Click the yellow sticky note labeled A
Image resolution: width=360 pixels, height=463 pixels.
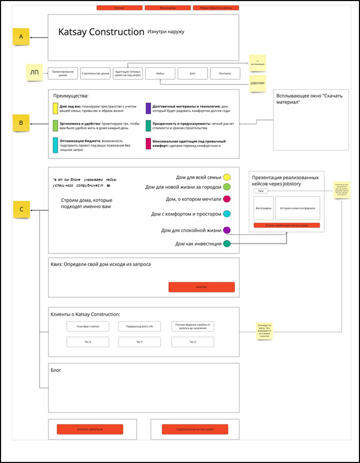[x=21, y=36]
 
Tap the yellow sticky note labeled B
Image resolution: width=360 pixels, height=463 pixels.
[x=21, y=123]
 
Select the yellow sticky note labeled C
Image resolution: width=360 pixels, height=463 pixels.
[x=21, y=210]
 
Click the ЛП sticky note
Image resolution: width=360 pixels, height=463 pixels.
[x=34, y=72]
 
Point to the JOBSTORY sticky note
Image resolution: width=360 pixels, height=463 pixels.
[x=257, y=83]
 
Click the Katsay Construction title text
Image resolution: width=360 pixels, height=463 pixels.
[x=101, y=32]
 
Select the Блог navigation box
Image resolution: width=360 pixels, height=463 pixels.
[x=193, y=74]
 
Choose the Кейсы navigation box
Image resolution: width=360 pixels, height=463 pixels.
[x=160, y=74]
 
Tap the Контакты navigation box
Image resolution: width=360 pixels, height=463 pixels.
[x=225, y=74]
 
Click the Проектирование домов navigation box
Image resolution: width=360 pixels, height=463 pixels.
[x=63, y=74]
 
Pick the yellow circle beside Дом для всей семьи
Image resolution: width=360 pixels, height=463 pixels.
[x=227, y=177]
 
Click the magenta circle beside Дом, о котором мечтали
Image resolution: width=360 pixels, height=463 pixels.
[x=227, y=199]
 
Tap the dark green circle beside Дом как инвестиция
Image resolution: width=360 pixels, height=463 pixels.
[x=227, y=243]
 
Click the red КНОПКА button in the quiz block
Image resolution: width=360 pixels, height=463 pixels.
[x=201, y=287]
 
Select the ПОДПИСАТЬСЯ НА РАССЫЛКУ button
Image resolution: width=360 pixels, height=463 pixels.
[x=195, y=429]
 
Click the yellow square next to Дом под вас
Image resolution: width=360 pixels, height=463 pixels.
[x=55, y=108]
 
